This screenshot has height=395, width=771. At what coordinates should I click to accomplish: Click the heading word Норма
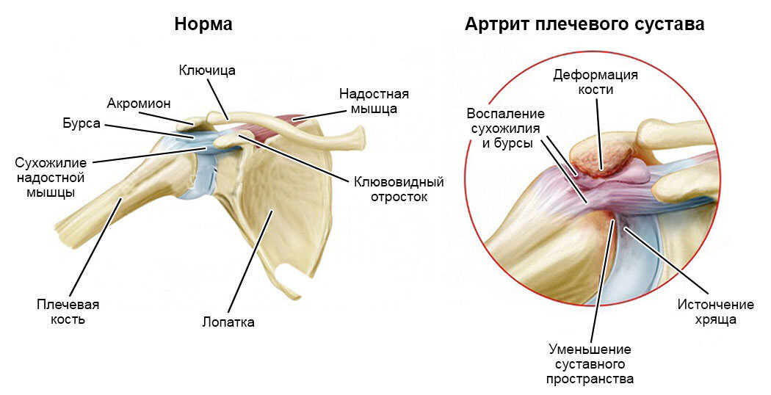[203, 24]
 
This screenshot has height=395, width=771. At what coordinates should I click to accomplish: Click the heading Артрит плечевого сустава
[584, 24]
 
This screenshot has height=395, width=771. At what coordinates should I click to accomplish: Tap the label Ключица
[207, 70]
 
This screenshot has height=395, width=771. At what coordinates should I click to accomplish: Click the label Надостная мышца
[374, 101]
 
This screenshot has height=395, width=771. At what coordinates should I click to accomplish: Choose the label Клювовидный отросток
[399, 189]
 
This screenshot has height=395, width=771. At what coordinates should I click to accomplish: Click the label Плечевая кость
[68, 311]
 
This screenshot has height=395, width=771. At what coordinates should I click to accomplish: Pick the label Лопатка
[228, 322]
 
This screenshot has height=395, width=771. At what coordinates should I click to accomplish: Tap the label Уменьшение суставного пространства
[590, 363]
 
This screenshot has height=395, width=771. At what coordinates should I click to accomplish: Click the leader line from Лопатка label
[250, 261]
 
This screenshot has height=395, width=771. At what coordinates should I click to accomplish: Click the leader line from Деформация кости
[598, 132]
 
